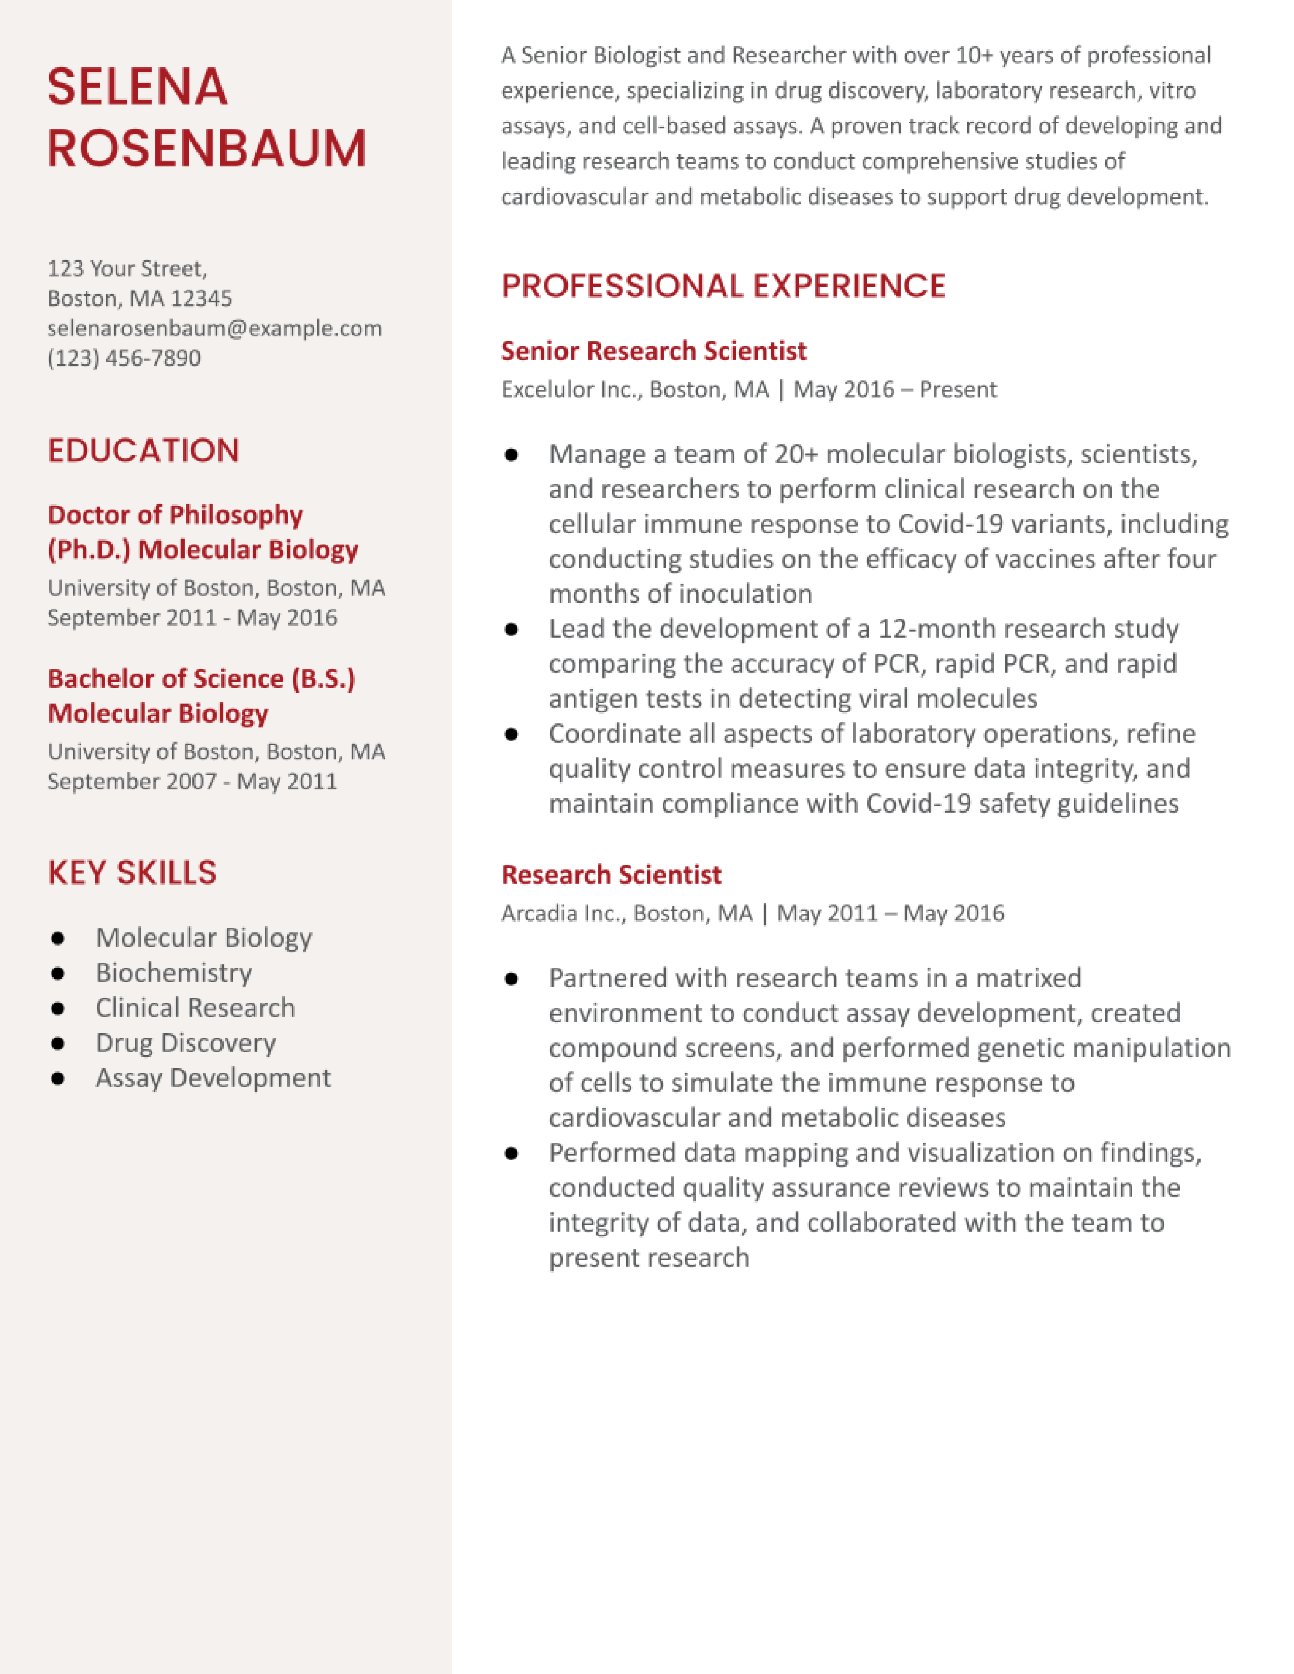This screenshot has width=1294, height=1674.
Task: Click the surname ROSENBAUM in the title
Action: [207, 148]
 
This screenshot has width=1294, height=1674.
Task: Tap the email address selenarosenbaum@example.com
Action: [214, 328]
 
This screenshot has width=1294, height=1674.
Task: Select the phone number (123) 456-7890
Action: [124, 358]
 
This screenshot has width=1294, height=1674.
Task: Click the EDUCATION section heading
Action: [143, 450]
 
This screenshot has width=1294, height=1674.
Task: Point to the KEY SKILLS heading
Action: [132, 873]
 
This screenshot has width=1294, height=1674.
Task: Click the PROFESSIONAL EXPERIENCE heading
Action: [723, 286]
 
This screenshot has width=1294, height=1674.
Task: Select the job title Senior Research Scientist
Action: [653, 351]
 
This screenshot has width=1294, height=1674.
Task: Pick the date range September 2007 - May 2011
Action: [192, 781]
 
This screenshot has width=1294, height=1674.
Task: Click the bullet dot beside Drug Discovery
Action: [57, 1043]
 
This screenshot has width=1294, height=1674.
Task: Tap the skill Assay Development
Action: [213, 1077]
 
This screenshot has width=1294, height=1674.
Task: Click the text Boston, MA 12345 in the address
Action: [140, 298]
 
